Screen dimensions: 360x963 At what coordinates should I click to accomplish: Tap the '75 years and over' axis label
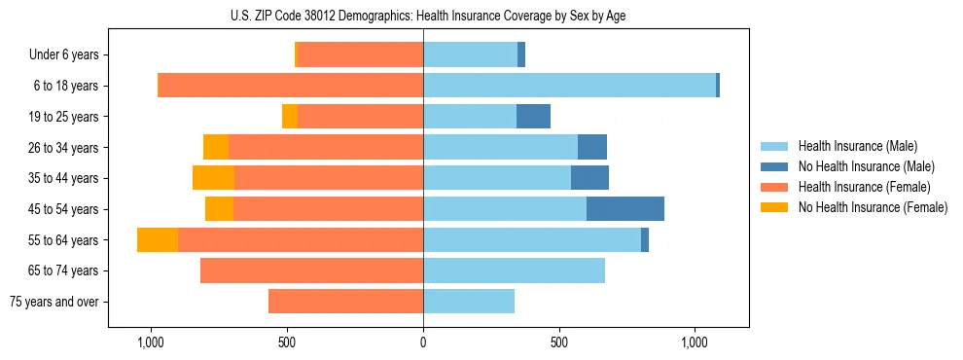pos(54,302)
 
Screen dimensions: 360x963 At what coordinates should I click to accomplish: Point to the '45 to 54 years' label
pos(63,209)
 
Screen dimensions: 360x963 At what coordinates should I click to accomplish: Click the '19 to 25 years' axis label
pos(63,117)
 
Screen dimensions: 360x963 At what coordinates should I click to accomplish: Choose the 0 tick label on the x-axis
pos(423,343)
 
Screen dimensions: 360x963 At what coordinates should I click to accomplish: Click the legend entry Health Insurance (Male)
pos(857,146)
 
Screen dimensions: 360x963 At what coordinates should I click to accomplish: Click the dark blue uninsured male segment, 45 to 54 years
pos(625,209)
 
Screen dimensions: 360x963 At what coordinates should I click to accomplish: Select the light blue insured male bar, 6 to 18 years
pos(569,86)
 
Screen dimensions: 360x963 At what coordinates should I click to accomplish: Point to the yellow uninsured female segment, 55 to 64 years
pos(158,240)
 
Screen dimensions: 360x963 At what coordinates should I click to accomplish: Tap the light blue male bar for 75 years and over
pos(469,302)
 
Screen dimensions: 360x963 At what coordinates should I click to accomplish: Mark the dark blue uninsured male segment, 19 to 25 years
pos(533,117)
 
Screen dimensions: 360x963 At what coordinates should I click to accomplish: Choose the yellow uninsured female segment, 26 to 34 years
pos(216,147)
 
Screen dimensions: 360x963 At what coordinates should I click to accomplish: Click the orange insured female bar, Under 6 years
pos(360,54)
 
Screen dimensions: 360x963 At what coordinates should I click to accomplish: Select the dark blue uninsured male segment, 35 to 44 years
pos(589,178)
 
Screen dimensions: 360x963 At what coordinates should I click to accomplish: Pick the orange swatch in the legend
pos(774,187)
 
